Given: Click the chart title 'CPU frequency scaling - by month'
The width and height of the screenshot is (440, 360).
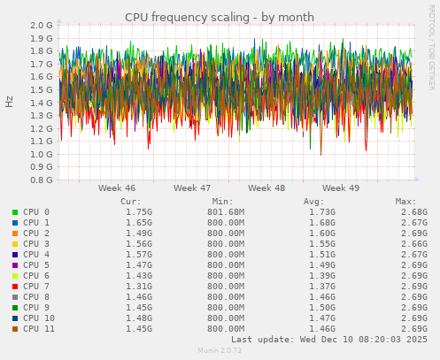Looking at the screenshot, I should coord(219,17).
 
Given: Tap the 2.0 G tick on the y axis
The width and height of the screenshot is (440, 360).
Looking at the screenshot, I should coord(41,26).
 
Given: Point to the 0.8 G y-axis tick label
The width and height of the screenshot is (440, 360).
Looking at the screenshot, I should coord(41,180).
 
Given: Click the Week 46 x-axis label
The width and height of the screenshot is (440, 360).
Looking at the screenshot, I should coord(117,188).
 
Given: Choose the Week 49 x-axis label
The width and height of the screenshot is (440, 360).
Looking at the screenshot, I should coord(341,188).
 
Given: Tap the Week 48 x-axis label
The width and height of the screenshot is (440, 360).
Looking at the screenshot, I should coord(266,188).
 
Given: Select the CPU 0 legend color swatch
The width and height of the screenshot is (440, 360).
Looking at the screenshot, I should coord(15,212).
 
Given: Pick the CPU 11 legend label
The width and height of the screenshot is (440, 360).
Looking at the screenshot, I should coord(40,328).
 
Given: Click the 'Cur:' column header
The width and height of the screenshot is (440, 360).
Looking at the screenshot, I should coord(130,201).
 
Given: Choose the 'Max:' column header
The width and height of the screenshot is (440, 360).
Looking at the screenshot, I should coord(405,201).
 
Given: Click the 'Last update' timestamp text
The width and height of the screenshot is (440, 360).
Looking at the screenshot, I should coord(329,339).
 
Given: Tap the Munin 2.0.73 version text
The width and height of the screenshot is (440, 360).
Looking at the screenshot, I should coord(219,351).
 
